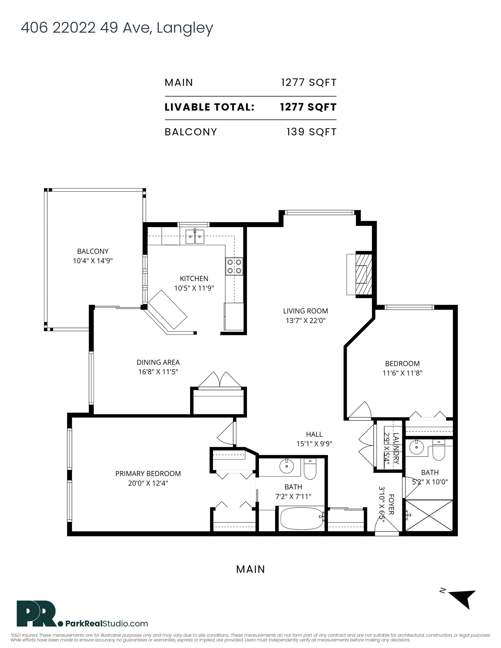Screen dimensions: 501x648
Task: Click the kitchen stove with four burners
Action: tap(234, 266)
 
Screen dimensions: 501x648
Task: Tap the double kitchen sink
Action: tap(195, 237)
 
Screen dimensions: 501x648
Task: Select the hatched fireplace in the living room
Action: tap(363, 274)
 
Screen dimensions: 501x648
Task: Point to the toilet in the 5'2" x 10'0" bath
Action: tap(438, 450)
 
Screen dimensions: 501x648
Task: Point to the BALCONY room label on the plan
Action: tap(93, 251)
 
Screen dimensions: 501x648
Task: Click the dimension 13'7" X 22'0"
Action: tap(306, 320)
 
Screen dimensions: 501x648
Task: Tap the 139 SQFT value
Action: tap(312, 132)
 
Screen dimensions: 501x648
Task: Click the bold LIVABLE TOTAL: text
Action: tap(210, 107)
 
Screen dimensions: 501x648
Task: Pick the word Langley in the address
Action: tap(185, 28)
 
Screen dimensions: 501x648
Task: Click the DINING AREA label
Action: tap(158, 362)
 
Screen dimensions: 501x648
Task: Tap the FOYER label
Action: tap(392, 504)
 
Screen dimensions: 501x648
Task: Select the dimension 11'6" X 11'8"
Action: tap(402, 373)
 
